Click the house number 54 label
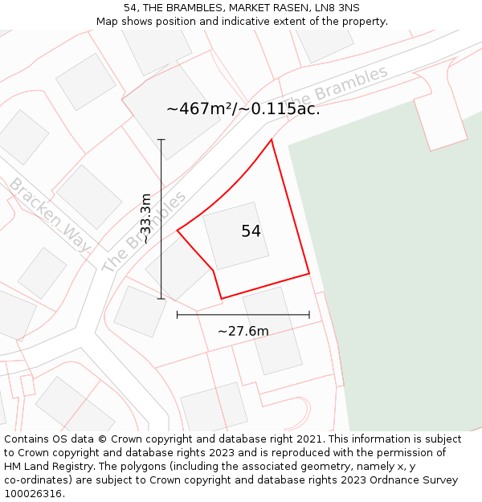(x=251, y=231)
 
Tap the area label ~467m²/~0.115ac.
(x=243, y=109)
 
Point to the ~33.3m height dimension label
(x=145, y=218)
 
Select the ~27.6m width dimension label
(x=243, y=331)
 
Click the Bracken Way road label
(x=49, y=215)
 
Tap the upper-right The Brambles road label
(x=347, y=84)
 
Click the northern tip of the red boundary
(x=272, y=140)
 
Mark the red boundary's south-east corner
(x=309, y=274)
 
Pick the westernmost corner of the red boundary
(x=178, y=231)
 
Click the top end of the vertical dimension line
(x=161, y=140)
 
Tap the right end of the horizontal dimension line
(x=309, y=315)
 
